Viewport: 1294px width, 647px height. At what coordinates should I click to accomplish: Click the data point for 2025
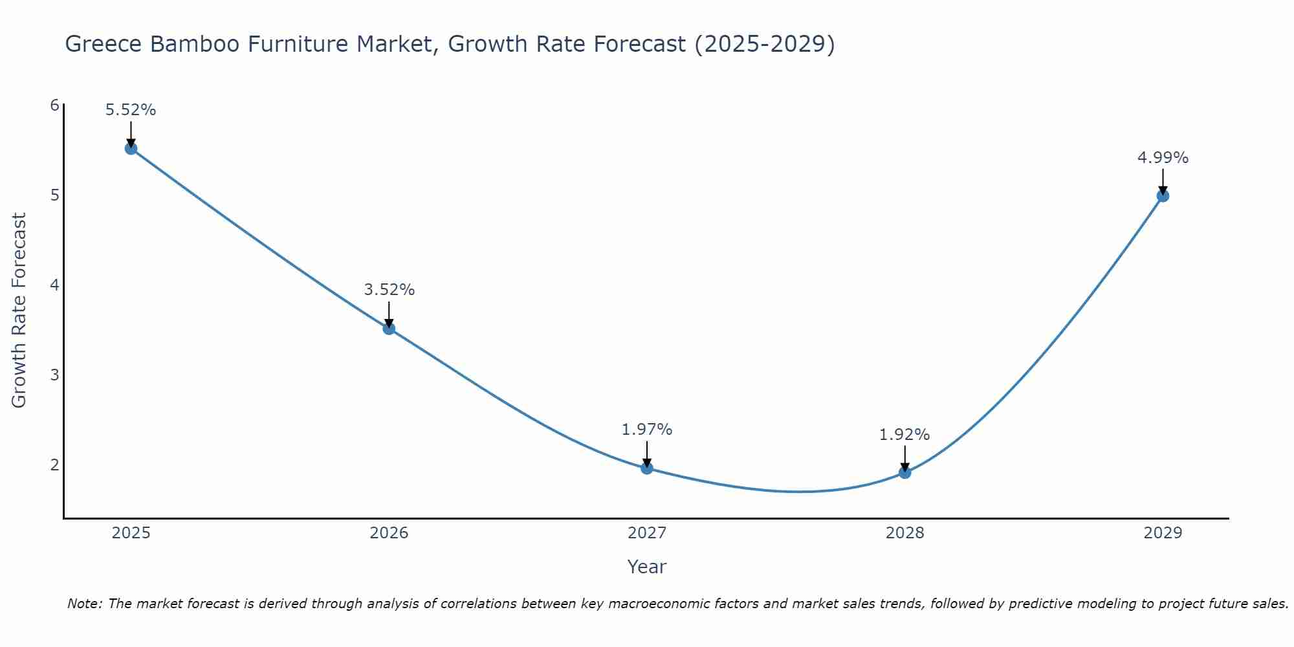point(131,149)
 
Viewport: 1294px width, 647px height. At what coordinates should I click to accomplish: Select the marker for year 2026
point(389,329)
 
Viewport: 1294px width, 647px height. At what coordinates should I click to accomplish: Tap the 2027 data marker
point(647,468)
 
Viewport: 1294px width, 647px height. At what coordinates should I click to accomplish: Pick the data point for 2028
point(905,473)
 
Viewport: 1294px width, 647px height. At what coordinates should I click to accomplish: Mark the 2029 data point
point(1163,196)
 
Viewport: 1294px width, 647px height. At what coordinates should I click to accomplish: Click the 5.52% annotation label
point(131,110)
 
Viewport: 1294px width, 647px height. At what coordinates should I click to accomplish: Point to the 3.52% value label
point(389,290)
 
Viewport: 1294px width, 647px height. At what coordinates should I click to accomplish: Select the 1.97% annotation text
point(647,429)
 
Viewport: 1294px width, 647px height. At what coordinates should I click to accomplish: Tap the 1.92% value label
point(905,435)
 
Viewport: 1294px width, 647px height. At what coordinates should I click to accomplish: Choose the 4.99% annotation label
point(1163,158)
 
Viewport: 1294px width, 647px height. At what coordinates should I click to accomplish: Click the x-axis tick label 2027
point(647,533)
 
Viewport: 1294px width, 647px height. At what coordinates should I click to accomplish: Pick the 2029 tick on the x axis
point(1163,533)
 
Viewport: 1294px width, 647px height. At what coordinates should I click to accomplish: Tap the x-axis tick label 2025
point(131,533)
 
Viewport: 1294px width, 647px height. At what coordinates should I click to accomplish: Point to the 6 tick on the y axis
point(54,105)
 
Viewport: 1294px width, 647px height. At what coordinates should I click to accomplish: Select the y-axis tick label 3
point(54,375)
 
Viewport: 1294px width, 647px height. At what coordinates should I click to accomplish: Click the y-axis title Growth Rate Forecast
point(19,311)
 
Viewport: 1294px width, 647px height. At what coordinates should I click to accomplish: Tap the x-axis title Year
point(647,567)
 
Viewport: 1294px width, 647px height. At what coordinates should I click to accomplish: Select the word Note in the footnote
point(84,604)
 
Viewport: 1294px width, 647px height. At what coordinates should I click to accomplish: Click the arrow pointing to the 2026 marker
point(389,314)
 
